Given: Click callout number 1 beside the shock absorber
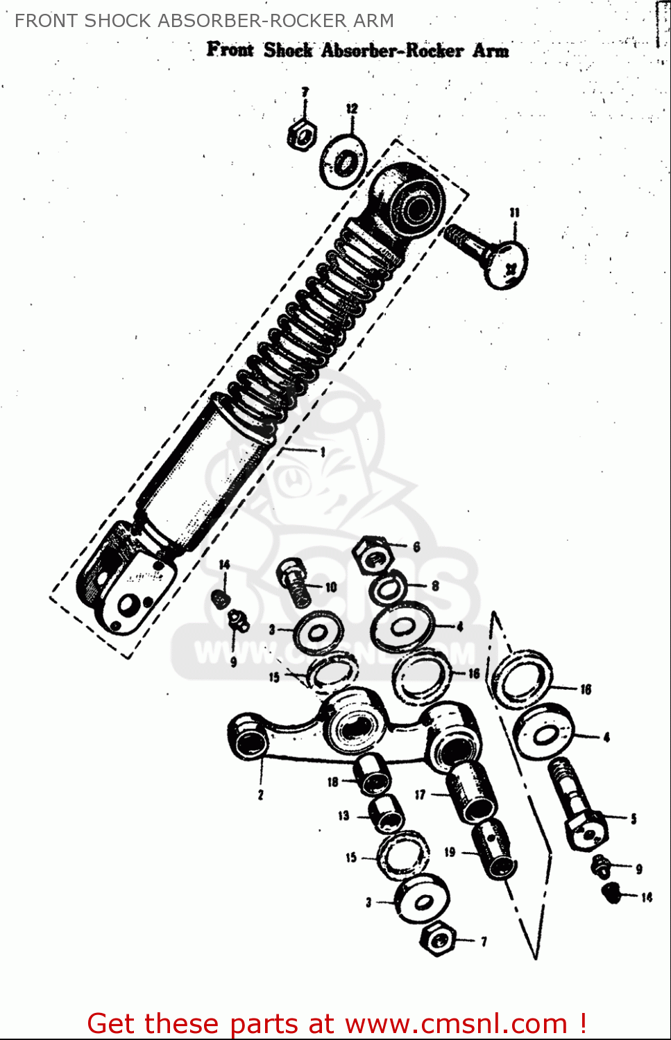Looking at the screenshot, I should [x=323, y=452].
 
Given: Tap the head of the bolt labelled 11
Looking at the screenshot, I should [x=506, y=264].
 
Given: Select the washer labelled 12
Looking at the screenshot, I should [x=343, y=162].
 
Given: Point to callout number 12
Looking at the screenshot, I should [x=352, y=109].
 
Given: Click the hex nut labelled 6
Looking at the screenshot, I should [x=372, y=552].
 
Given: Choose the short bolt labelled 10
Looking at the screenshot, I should [x=295, y=582].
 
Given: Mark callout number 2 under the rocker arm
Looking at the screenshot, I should [x=261, y=795].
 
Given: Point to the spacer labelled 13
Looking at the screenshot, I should [x=386, y=813].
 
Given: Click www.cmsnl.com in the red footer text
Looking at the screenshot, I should [x=456, y=1023].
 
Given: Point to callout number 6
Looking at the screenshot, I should [x=416, y=547].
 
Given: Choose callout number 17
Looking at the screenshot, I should [x=420, y=795].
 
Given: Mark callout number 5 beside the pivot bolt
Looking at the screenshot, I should [x=633, y=819].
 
